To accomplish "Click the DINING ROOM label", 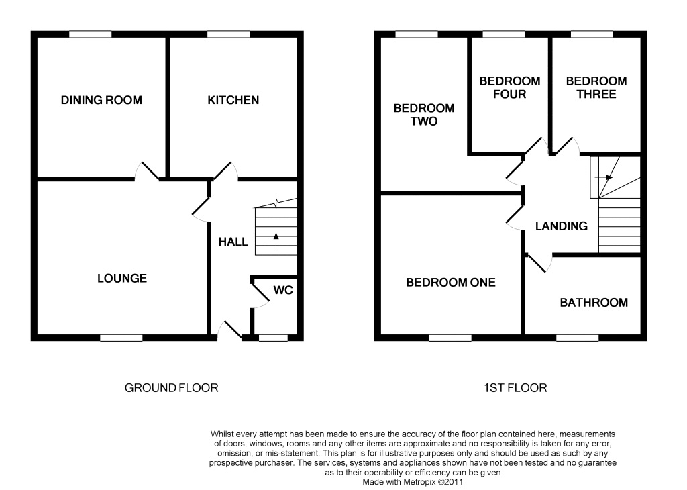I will pyautogui.click(x=101, y=101).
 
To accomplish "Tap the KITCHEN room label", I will pyautogui.click(x=233, y=101).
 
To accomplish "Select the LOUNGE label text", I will pyautogui.click(x=121, y=279).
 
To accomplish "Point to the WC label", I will pyautogui.click(x=282, y=291).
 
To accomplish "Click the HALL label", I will pyautogui.click(x=233, y=242).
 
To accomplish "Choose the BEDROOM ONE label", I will pyautogui.click(x=450, y=283).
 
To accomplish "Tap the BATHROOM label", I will pyautogui.click(x=594, y=303).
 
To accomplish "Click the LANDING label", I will pyautogui.click(x=561, y=226).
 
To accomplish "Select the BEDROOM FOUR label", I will pyautogui.click(x=509, y=88).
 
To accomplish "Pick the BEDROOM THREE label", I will pyautogui.click(x=596, y=88).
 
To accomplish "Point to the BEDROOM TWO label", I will pyautogui.click(x=423, y=115).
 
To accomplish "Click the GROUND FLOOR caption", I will pyautogui.click(x=172, y=388).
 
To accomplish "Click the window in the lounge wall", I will pyautogui.click(x=121, y=338).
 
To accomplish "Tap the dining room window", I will pyautogui.click(x=91, y=34).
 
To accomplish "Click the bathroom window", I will pyautogui.click(x=577, y=338).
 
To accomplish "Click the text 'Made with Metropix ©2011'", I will pyautogui.click(x=413, y=481).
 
